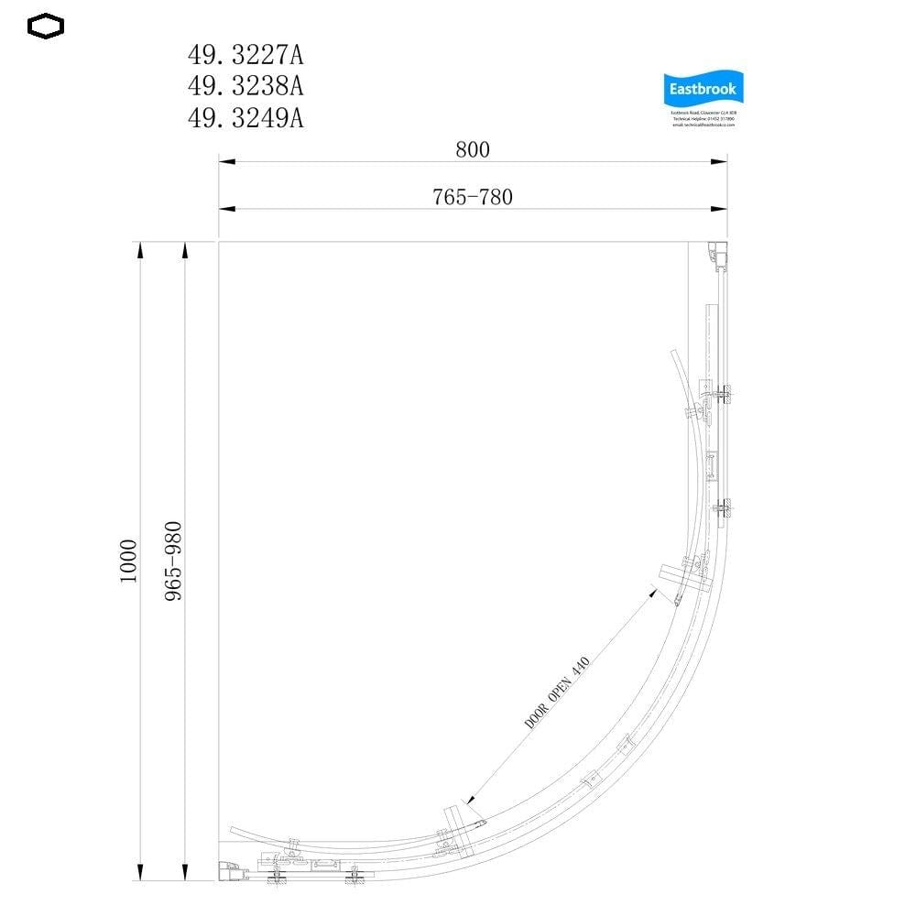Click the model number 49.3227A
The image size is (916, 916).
pos(245,56)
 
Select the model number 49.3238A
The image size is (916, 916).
pos(245,87)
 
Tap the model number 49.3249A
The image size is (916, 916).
pos(245,118)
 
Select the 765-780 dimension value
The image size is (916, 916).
pos(473,197)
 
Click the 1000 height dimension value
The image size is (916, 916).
pos(127,562)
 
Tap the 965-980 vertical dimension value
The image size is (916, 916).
pos(174,562)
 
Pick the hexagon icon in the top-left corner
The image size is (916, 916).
pos(46,27)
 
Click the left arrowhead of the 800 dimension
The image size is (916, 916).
pos(224,162)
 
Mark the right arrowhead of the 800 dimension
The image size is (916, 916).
pos(721,162)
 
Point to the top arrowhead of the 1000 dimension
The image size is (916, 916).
pos(139,249)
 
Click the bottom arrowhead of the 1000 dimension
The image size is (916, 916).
pos(139,875)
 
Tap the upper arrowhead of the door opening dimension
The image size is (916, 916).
pos(653,590)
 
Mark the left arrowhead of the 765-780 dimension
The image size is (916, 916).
pos(224,209)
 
